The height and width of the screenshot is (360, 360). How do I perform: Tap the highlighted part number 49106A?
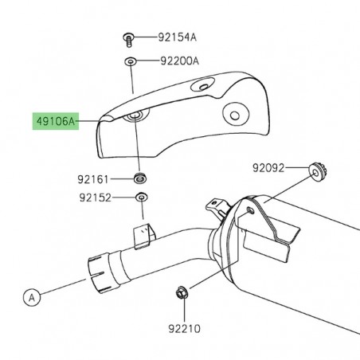tap(54, 122)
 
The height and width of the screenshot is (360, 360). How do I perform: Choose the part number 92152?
tap(95, 198)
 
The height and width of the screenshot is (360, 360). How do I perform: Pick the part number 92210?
tap(184, 327)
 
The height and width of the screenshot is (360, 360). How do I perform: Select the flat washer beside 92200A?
tap(128, 61)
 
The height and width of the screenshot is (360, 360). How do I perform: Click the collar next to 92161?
tap(140, 177)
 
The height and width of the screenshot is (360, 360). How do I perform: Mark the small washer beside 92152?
tap(141, 198)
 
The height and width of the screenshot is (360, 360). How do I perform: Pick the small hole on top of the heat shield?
tap(205, 84)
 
